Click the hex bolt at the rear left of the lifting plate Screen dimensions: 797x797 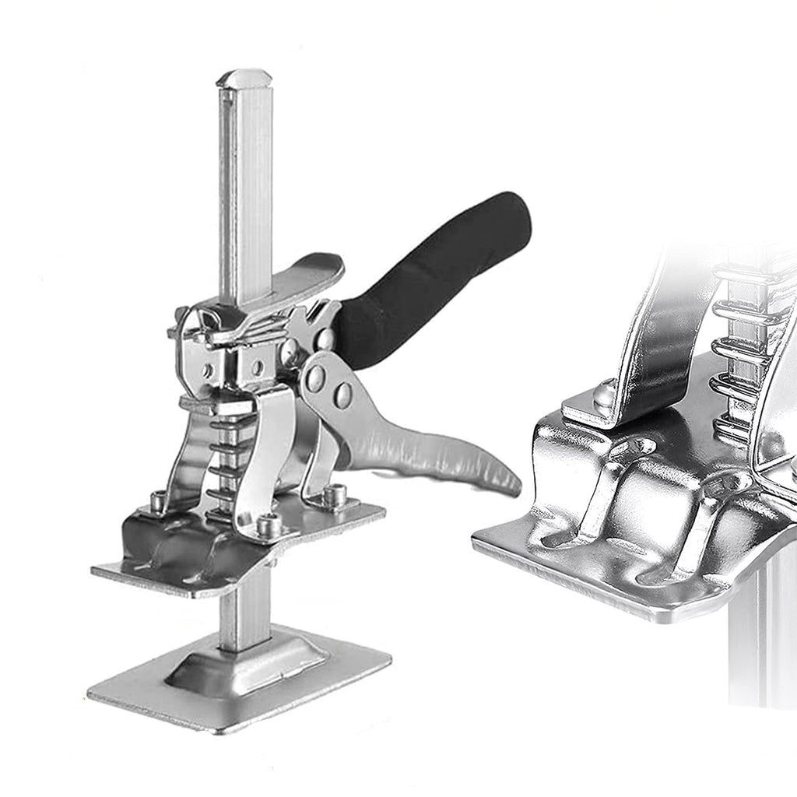point(158,501)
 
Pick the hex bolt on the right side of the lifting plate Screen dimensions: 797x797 point(335,495)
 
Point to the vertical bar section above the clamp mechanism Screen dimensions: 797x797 point(245,195)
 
